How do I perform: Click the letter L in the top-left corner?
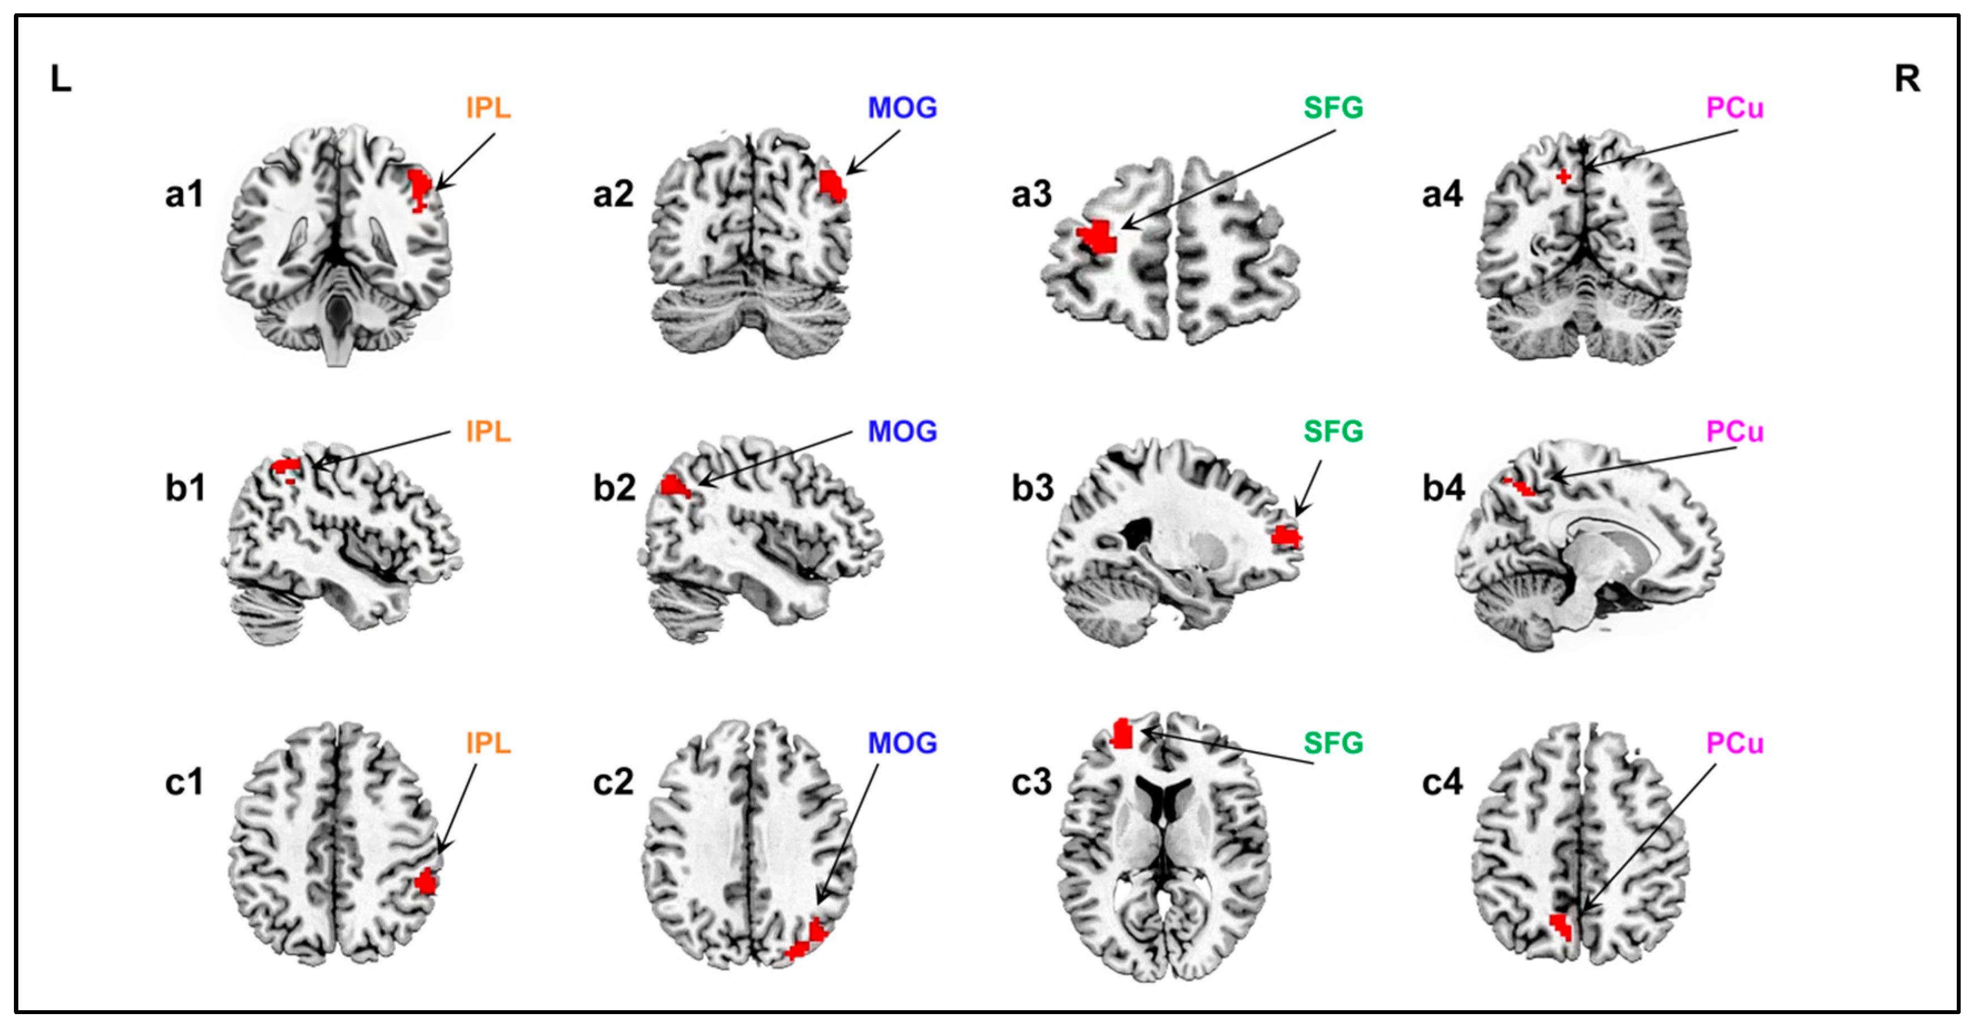tap(61, 79)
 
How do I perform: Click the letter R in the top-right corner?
tap(1907, 79)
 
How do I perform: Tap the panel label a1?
tap(184, 195)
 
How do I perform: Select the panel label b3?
tap(1032, 489)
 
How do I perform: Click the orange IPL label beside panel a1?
tap(488, 108)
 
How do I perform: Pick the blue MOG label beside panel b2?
tap(902, 432)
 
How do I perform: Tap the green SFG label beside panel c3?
tap(1334, 743)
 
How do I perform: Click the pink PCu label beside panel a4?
tap(1735, 108)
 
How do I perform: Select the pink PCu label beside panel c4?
tap(1735, 743)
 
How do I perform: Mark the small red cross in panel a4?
tap(1563, 177)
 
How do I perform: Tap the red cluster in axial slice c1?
tap(426, 882)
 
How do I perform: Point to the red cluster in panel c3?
tap(1123, 734)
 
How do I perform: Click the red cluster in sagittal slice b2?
tap(674, 486)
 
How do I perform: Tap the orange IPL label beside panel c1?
tap(488, 743)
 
